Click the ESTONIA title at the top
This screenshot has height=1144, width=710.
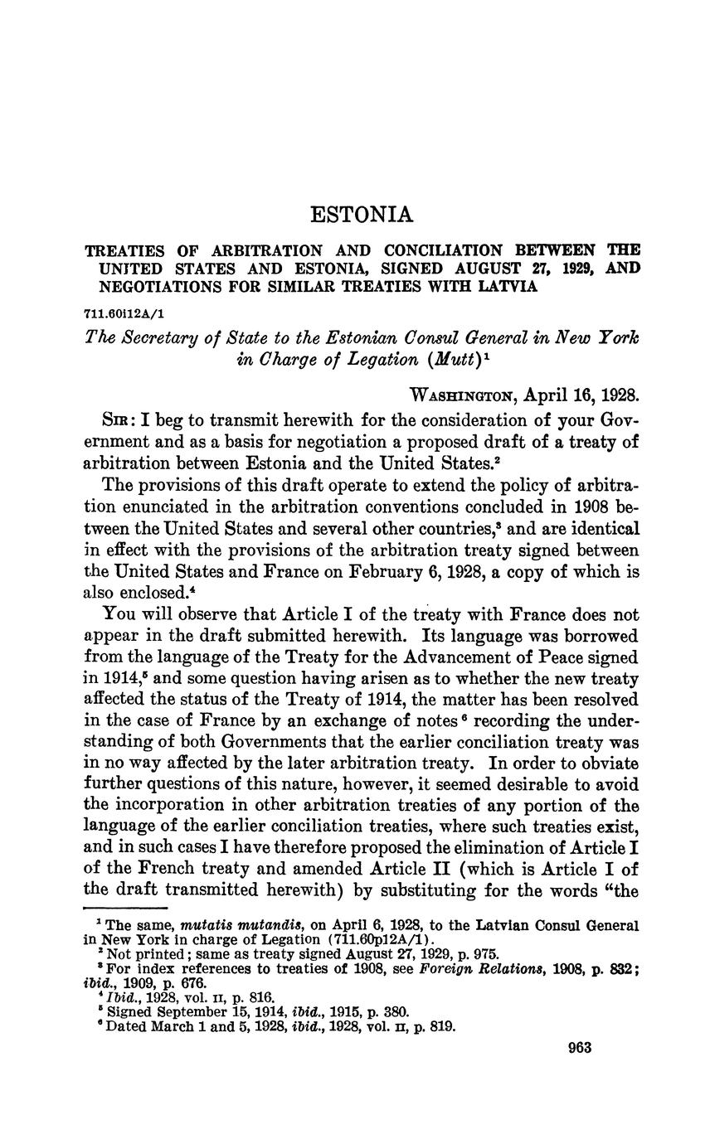361,216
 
